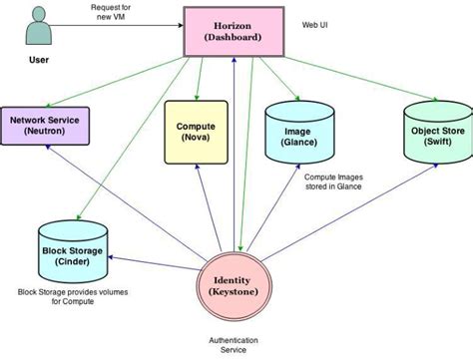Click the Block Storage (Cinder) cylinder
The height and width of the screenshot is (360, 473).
[x=70, y=251]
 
